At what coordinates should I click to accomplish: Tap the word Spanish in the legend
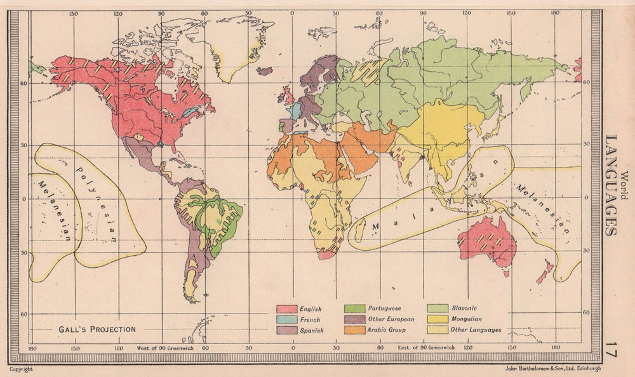pyautogui.click(x=312, y=331)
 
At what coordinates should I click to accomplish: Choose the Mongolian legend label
pyautogui.click(x=467, y=319)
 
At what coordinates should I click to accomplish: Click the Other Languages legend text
pyautogui.click(x=476, y=330)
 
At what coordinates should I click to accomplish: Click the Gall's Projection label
pyautogui.click(x=97, y=329)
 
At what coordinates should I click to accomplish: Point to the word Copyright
pyautogui.click(x=21, y=368)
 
